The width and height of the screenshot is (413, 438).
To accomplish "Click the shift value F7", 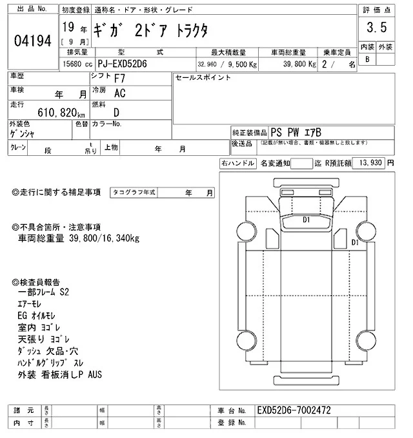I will pos(120,80).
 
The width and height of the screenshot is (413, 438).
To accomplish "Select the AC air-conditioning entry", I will pos(119,94).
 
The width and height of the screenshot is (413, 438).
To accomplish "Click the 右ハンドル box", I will pos(237,164).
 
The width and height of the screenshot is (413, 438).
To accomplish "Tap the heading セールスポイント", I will pos(203,78).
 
